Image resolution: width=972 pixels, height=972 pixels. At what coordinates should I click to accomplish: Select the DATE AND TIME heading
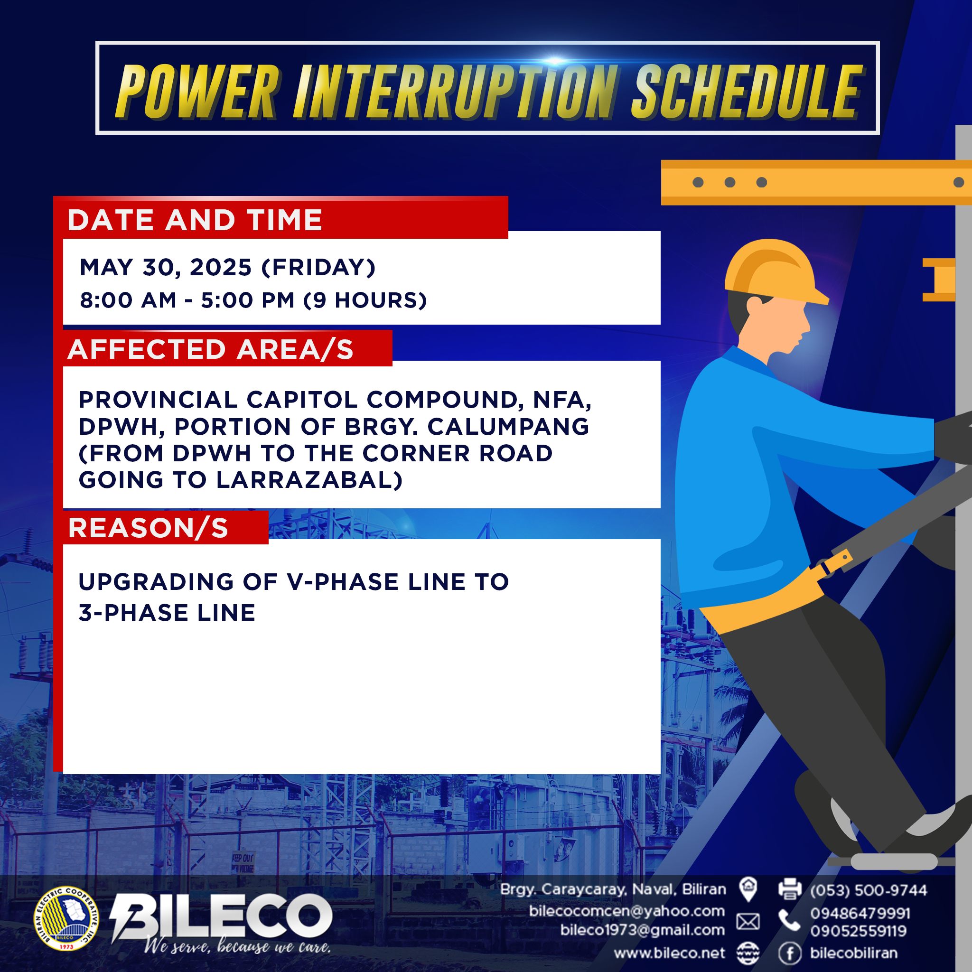coord(195,220)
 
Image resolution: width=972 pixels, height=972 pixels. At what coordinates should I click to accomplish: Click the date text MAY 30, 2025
coord(166,268)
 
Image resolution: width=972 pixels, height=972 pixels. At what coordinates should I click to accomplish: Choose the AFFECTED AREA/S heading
coord(210,349)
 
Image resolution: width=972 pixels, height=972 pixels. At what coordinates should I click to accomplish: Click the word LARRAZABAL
coord(309,480)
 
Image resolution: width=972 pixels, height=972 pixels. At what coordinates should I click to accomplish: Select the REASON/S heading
coord(148,528)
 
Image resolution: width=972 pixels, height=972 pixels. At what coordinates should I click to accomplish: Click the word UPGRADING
coord(157,581)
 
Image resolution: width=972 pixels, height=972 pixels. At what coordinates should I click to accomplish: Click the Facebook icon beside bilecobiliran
coord(790,953)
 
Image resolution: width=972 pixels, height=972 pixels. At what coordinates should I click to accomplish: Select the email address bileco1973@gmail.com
coord(643,930)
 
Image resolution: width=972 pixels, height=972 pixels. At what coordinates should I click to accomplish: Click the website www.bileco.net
coord(670,953)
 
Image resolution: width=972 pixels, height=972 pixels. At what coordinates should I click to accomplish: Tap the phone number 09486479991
coord(860,913)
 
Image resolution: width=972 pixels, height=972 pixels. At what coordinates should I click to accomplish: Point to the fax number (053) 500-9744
coord(869,890)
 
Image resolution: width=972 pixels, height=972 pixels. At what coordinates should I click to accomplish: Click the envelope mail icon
coord(748,922)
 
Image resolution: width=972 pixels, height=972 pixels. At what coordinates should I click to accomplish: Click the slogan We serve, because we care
coord(237,948)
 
